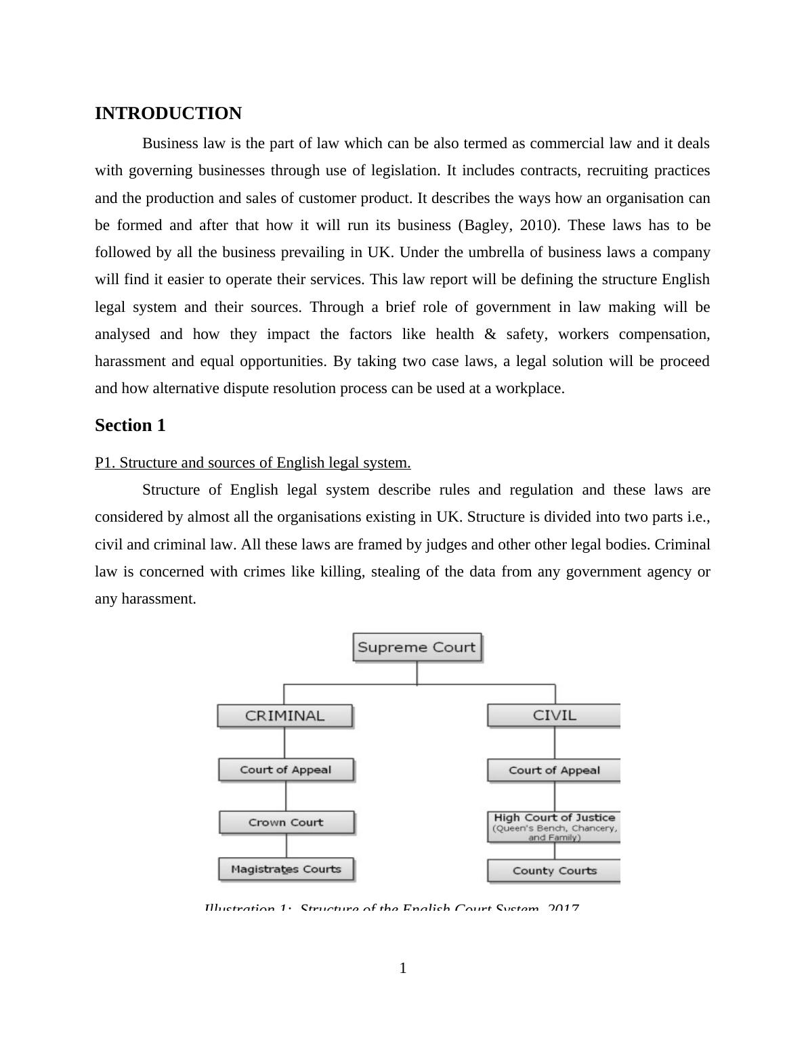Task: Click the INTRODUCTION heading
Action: click(168, 114)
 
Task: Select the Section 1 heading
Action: click(130, 426)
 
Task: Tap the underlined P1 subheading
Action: click(253, 463)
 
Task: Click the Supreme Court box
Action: click(417, 647)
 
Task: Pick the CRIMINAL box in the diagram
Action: click(284, 716)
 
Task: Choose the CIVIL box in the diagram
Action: click(554, 715)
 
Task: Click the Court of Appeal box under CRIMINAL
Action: click(285, 770)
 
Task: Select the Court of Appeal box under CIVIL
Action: click(554, 771)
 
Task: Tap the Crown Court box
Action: click(286, 823)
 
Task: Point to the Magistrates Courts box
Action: click(286, 869)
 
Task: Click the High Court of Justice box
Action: click(554, 826)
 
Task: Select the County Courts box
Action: click(554, 871)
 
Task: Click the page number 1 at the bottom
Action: click(403, 968)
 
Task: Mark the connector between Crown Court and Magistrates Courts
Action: click(286, 846)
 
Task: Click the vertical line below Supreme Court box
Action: click(417, 673)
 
